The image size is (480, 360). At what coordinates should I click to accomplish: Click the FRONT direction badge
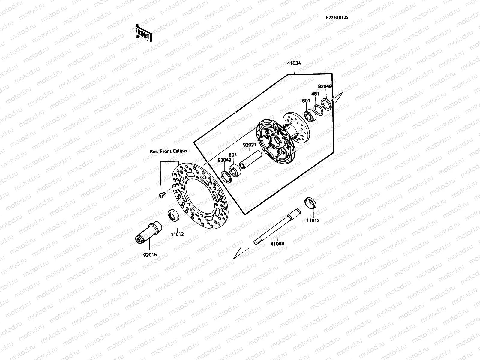tap(143, 33)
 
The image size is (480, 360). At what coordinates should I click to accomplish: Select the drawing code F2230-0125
tap(337, 17)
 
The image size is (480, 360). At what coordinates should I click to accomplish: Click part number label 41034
tap(294, 64)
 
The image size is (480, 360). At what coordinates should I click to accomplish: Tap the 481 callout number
tap(315, 94)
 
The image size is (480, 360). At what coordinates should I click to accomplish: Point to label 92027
tap(249, 145)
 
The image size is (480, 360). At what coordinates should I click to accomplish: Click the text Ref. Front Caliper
tap(168, 151)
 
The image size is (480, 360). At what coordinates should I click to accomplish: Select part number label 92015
tap(150, 255)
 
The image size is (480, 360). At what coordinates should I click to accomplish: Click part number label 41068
tap(277, 244)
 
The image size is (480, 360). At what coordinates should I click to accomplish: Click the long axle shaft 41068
tap(276, 226)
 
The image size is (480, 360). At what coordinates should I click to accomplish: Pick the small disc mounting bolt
tap(161, 195)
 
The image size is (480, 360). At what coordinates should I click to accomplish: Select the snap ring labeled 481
tap(318, 109)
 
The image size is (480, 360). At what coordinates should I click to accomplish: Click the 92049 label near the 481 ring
tap(325, 86)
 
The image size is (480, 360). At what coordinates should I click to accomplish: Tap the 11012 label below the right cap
tap(313, 220)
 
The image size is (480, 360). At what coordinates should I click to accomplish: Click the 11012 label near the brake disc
tap(177, 234)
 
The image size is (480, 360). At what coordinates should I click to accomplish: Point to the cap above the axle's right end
tap(310, 203)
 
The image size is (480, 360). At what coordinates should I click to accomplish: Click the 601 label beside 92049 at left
tap(233, 155)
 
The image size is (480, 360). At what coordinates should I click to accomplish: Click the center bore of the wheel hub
tap(274, 140)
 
